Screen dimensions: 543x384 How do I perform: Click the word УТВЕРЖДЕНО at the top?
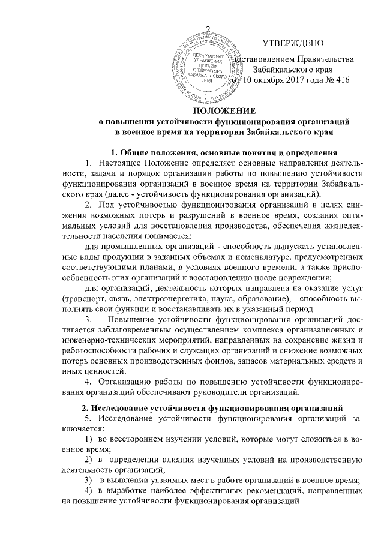[x=293, y=43]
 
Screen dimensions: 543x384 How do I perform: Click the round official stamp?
[x=202, y=66]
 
